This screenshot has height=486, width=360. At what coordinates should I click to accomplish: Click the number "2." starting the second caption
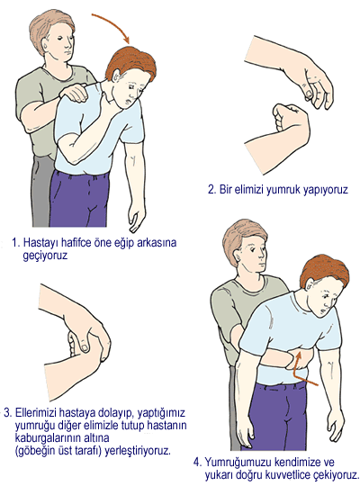[x=211, y=190]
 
